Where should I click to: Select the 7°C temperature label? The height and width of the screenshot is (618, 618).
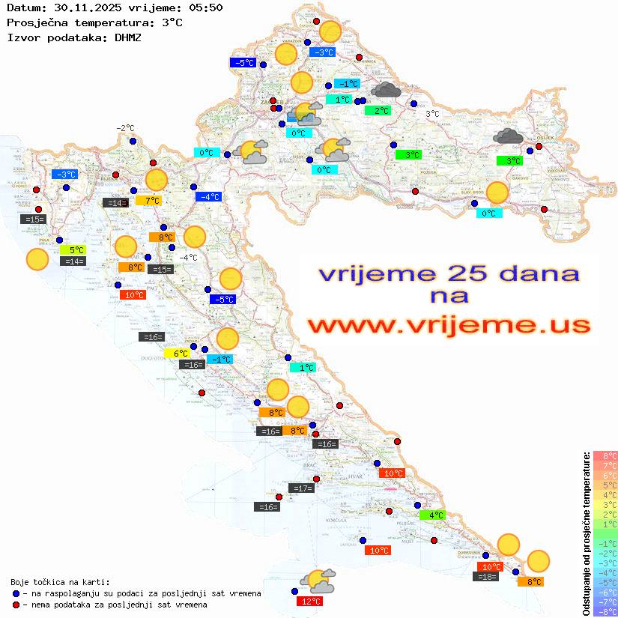pos(148,201)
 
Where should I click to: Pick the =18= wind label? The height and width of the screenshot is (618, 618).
pos(486,576)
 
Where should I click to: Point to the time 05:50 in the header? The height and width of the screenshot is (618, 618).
pos(204,7)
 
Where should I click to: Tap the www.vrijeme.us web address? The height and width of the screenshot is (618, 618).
pos(449,325)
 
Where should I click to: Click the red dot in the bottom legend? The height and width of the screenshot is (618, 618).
pos(16,605)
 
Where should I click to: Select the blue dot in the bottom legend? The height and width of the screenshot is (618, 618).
pos(16,593)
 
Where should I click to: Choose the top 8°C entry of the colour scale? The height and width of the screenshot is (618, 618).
pos(605,455)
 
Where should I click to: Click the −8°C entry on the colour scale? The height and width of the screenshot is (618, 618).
pos(605,611)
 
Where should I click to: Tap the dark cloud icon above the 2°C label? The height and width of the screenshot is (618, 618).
pos(386,91)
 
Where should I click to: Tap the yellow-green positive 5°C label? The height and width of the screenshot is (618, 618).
pos(76,250)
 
